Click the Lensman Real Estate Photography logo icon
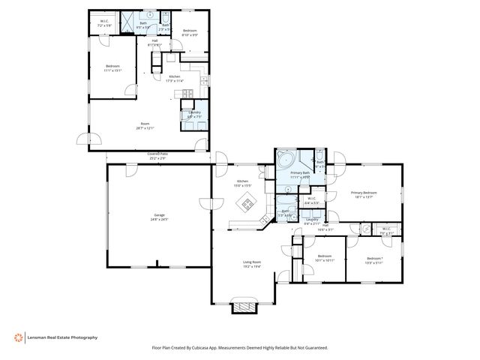(x=18, y=337)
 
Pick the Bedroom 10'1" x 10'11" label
(x=324, y=258)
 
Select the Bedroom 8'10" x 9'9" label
(x=190, y=32)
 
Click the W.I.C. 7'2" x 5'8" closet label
(x=104, y=23)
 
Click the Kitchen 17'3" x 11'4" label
(x=174, y=78)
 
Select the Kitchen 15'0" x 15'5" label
(x=243, y=183)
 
